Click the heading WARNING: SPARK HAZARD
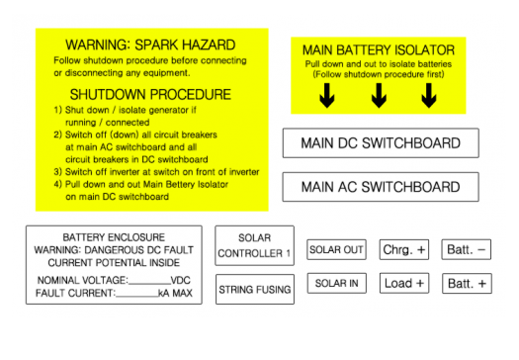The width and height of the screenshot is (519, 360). tap(150, 45)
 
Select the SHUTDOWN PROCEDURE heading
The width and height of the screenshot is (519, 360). tap(150, 95)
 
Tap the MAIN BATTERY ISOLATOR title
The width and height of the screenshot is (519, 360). tap(379, 49)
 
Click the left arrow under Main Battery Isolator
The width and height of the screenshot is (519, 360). tap(327, 96)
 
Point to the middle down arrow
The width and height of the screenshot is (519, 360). tap(379, 96)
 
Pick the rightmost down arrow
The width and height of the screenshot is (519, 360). tap(429, 96)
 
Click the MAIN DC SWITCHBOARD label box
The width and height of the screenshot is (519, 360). tap(381, 143)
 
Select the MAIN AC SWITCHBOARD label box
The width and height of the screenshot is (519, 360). tap(381, 187)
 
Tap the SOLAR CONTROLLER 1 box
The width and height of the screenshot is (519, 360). tap(255, 245)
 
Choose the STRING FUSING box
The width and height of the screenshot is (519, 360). tap(255, 290)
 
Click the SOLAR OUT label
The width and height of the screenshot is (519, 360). tap(337, 250)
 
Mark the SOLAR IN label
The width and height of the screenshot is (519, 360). tap(337, 284)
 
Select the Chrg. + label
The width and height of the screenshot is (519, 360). tap(404, 250)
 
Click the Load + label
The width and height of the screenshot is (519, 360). tap(404, 284)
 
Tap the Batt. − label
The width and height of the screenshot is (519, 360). tap(468, 250)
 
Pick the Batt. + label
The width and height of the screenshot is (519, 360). tap(468, 284)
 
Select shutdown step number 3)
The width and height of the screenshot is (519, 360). tap(58, 171)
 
